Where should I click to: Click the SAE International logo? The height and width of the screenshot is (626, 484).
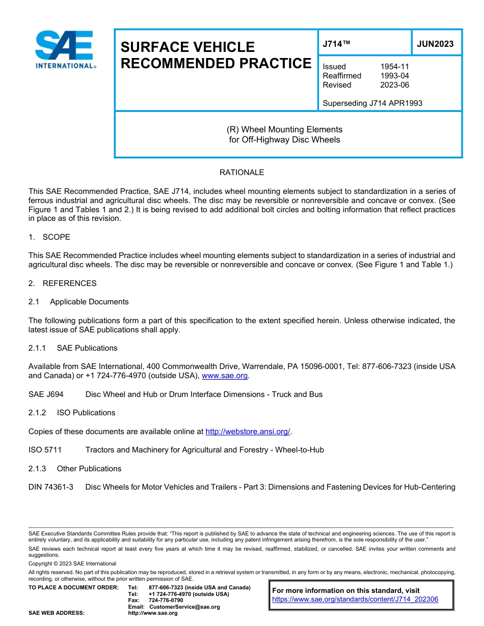pos(64,49)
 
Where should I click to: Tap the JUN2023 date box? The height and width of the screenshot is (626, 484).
pos(435,44)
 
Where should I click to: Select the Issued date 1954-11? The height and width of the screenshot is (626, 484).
pos(394,67)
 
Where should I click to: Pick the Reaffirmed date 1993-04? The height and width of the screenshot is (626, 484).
pos(394,76)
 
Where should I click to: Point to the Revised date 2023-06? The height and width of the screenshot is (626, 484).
pos(394,85)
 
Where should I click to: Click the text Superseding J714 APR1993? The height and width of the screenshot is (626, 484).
pos(372,103)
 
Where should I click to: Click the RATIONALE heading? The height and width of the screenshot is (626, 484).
pos(241,173)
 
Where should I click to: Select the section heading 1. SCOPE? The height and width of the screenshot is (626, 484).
pos(49,237)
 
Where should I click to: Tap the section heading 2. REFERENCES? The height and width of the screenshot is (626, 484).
pos(62,283)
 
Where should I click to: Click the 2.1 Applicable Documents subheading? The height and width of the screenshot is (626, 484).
pos(78,302)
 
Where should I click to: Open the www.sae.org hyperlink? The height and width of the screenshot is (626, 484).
pos(225,376)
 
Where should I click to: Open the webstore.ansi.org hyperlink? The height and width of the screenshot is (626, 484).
pos(248,432)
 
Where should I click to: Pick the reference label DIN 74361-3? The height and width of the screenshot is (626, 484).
pos(51,487)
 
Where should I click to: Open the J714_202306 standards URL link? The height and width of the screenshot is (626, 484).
pos(355,600)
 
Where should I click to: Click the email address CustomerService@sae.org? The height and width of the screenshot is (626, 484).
pos(184,607)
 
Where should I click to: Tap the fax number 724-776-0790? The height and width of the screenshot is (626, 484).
pos(166,601)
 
